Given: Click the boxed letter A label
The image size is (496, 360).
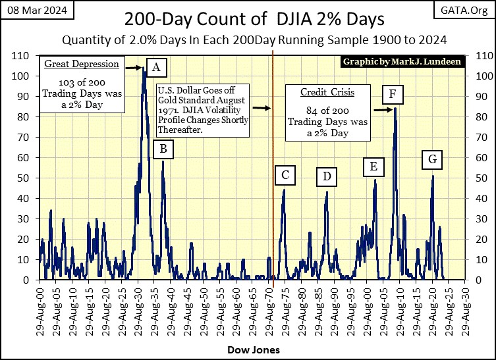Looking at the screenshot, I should [156, 66].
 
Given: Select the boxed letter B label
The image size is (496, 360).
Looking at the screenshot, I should [163, 150].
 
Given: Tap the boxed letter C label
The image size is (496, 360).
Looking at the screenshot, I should [285, 175].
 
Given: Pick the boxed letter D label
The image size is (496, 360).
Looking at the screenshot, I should [326, 176].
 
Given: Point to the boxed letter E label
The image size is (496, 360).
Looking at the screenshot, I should [373, 167].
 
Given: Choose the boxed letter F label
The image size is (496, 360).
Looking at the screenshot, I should [392, 95].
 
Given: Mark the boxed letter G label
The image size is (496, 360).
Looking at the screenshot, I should [432, 159].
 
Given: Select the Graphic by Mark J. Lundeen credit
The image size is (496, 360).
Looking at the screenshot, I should [402, 62].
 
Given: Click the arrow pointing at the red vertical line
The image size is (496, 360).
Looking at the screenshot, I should [261, 108].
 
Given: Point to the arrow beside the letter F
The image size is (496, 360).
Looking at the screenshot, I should [381, 110].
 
